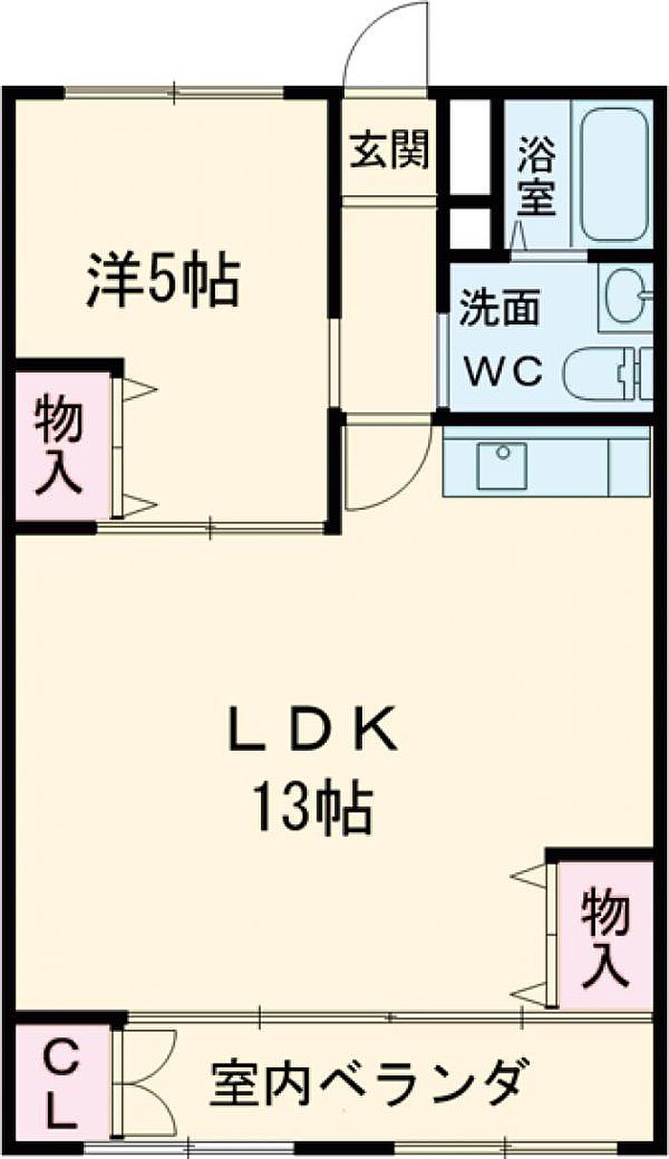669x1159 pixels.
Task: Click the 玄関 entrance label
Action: coord(390,150)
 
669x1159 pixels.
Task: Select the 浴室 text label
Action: coord(537,176)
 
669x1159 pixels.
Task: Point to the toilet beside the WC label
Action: coord(608,374)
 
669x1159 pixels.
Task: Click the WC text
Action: coord(504,370)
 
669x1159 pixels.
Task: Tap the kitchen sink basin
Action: coord(502,465)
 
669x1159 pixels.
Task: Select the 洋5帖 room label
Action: coord(163,279)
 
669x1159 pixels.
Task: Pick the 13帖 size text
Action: coord(313,809)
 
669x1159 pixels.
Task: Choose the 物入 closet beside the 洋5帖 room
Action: coord(62,446)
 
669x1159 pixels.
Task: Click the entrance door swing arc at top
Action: coord(372,31)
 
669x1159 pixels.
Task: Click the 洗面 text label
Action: coord(500,308)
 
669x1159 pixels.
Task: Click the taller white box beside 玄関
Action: coord(469,147)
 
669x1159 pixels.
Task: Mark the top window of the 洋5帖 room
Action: coord(175,93)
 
